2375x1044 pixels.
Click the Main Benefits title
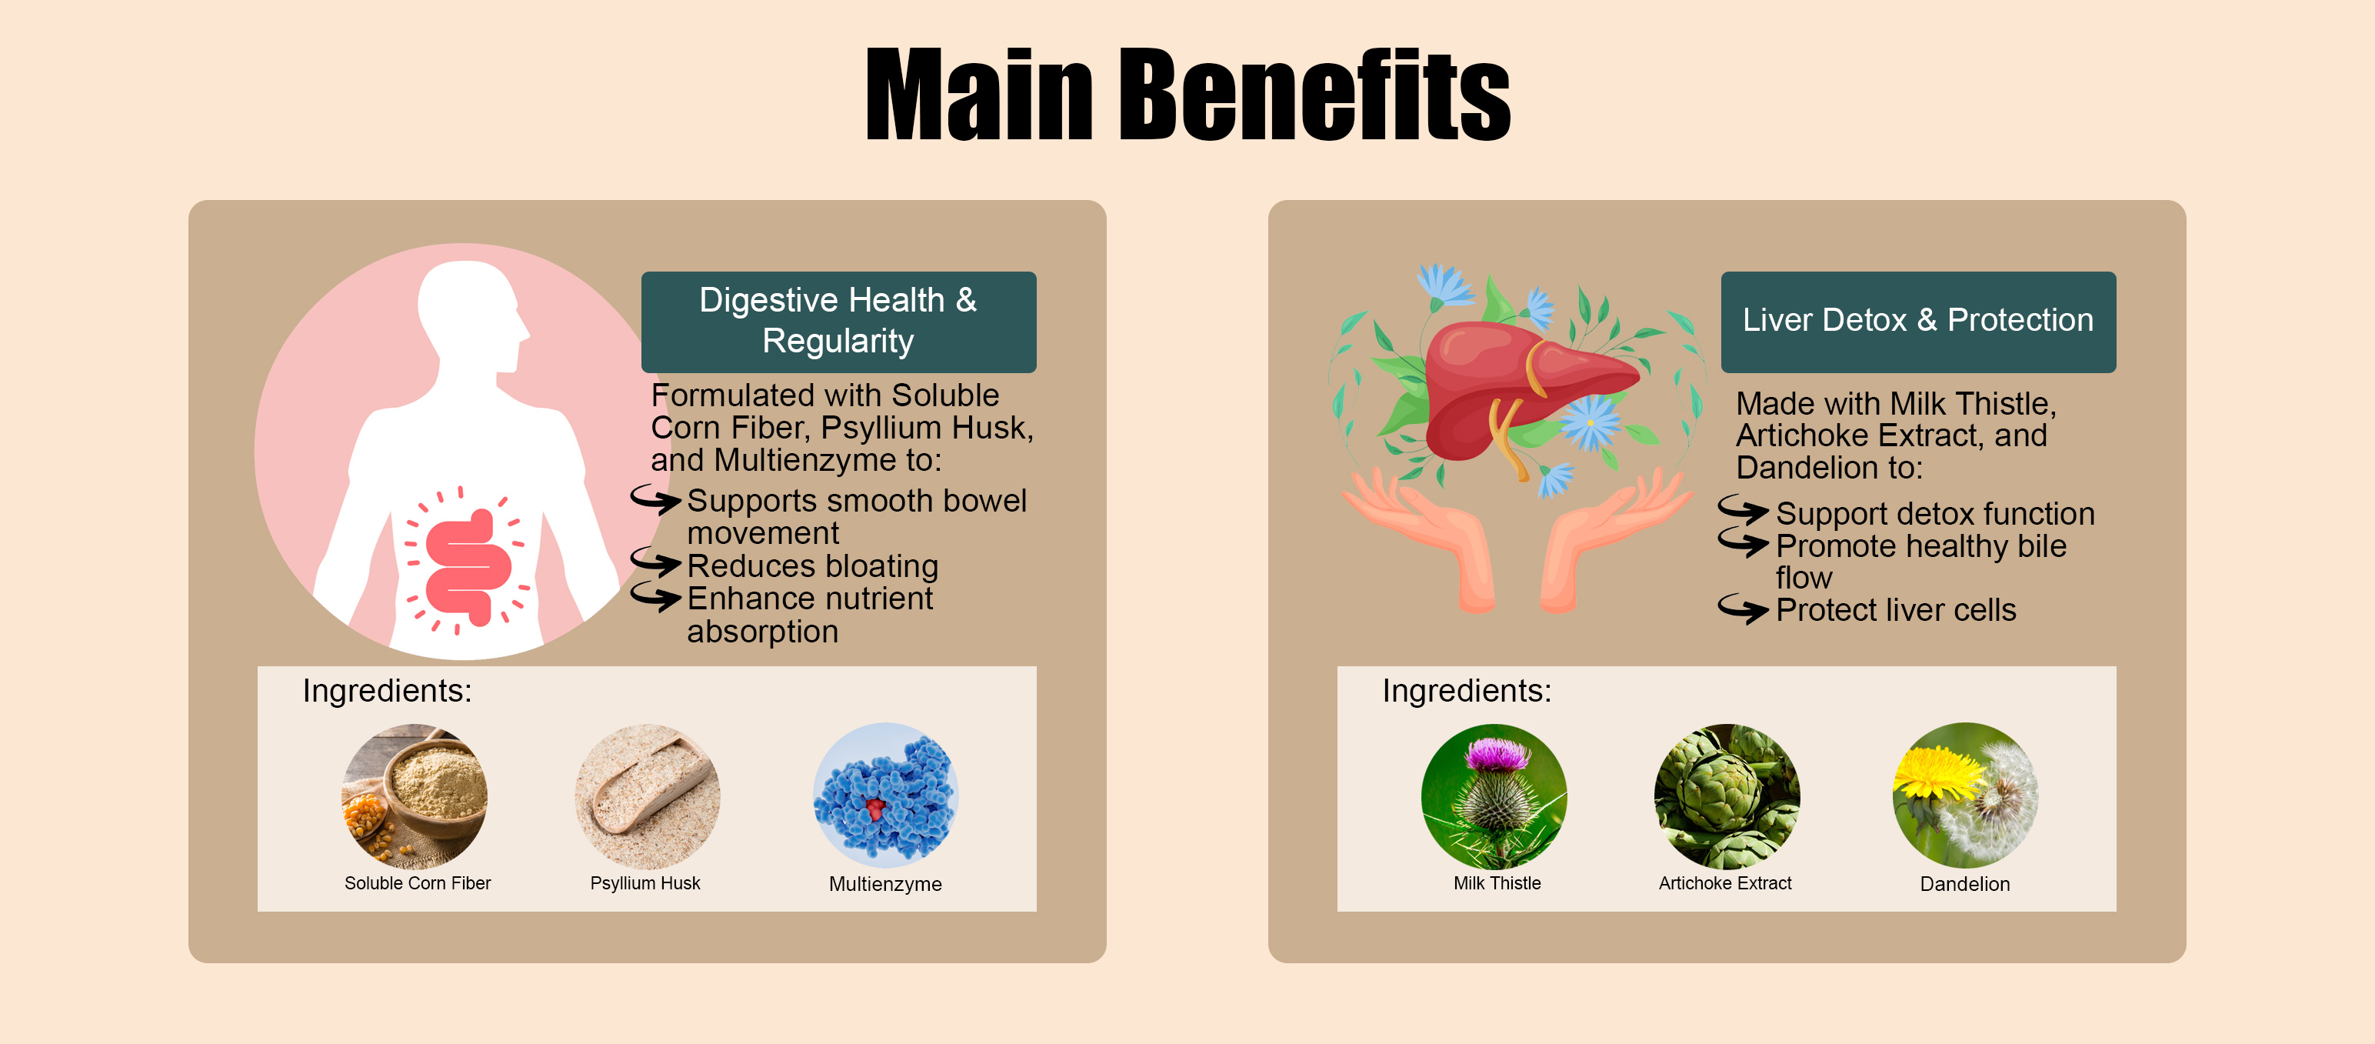(x=1187, y=94)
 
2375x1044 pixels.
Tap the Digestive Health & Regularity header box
(x=838, y=322)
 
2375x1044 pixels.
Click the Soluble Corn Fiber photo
(x=415, y=796)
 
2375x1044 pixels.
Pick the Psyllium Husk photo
(x=648, y=796)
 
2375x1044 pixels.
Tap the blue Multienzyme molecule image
(x=886, y=795)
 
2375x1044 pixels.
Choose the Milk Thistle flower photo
(x=1494, y=796)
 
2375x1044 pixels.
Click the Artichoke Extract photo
(x=1727, y=796)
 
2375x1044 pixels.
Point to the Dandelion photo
(x=1966, y=795)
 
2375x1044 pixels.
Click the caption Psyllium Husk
(x=645, y=883)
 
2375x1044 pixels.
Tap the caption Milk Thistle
(x=1497, y=883)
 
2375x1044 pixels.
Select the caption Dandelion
(x=1965, y=883)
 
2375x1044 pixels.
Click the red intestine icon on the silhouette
(x=468, y=566)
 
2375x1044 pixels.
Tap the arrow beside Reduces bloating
(x=655, y=562)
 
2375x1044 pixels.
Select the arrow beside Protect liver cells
(x=1744, y=608)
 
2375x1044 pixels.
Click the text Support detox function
(x=1935, y=514)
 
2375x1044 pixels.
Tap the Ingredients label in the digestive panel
(x=387, y=691)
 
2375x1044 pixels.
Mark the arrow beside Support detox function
(x=1744, y=509)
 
